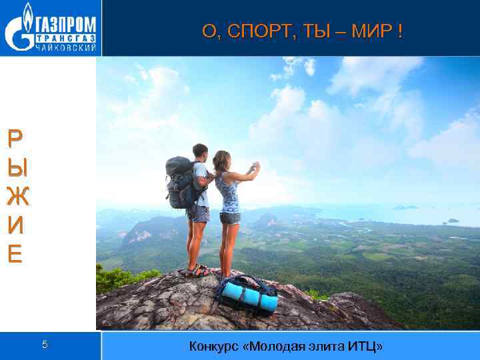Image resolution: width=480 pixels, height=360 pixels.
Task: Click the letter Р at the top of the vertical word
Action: pyautogui.click(x=15, y=138)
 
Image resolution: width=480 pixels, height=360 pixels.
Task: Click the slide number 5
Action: pyautogui.click(x=45, y=345)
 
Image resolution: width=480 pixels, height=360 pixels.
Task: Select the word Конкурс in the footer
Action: pyautogui.click(x=213, y=346)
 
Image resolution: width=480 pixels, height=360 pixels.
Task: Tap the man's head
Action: pyautogui.click(x=199, y=151)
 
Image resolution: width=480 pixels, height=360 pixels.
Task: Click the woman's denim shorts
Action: pyautogui.click(x=229, y=217)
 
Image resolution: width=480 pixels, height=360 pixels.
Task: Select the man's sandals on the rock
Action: pyautogui.click(x=198, y=270)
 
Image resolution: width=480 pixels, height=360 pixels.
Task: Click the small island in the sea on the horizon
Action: pyautogui.click(x=405, y=207)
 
